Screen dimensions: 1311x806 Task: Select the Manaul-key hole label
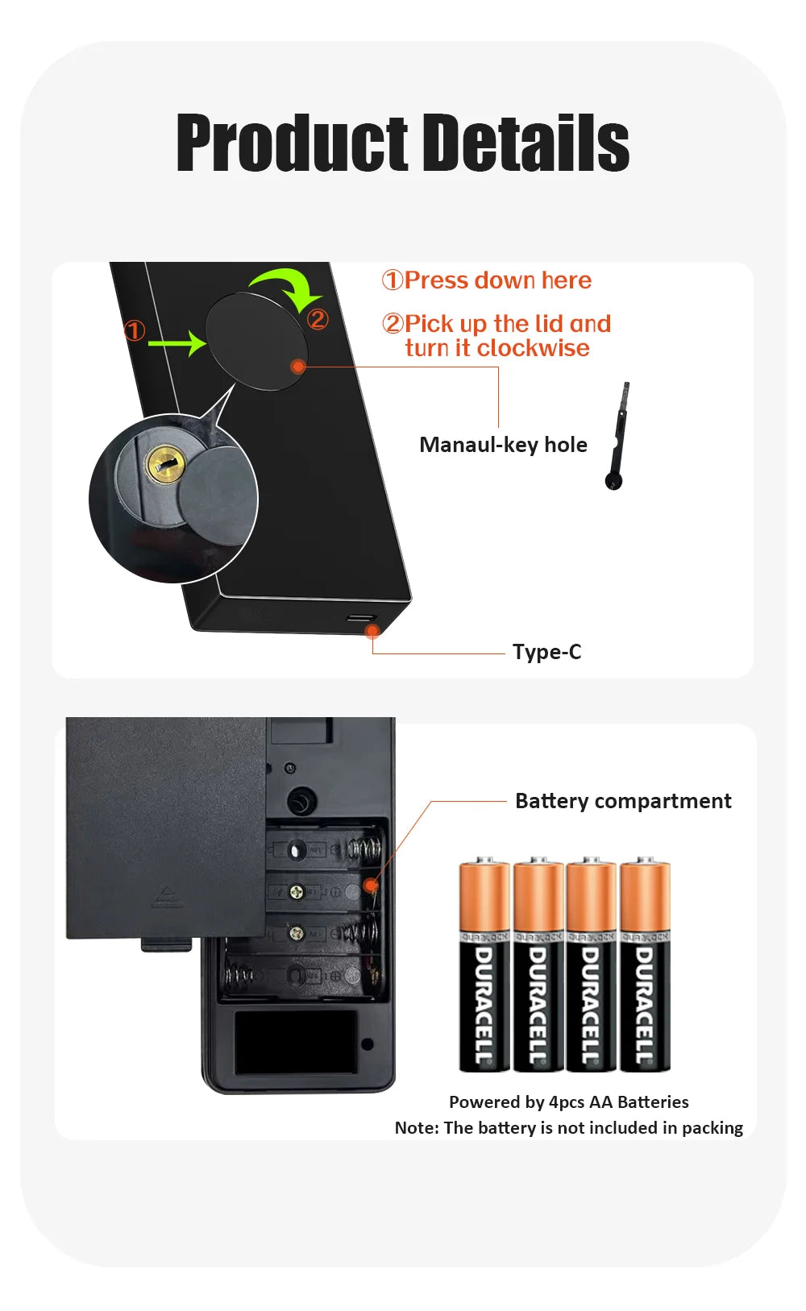click(x=503, y=445)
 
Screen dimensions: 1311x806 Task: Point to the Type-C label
click(x=546, y=652)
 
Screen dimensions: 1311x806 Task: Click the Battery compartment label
click(x=623, y=801)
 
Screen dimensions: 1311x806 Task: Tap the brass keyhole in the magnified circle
click(x=166, y=464)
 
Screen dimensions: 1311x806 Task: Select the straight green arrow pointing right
click(x=177, y=343)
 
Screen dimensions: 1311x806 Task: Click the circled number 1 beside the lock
click(x=135, y=330)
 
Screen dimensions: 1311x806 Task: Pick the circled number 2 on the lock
click(x=318, y=319)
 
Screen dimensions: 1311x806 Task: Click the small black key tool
click(x=617, y=439)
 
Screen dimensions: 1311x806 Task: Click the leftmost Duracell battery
click(x=484, y=965)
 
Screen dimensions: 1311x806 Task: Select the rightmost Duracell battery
click(x=645, y=965)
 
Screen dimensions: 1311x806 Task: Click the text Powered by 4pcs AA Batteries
click(x=568, y=1101)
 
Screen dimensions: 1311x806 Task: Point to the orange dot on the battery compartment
click(x=370, y=886)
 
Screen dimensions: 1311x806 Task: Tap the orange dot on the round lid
click(x=297, y=367)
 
